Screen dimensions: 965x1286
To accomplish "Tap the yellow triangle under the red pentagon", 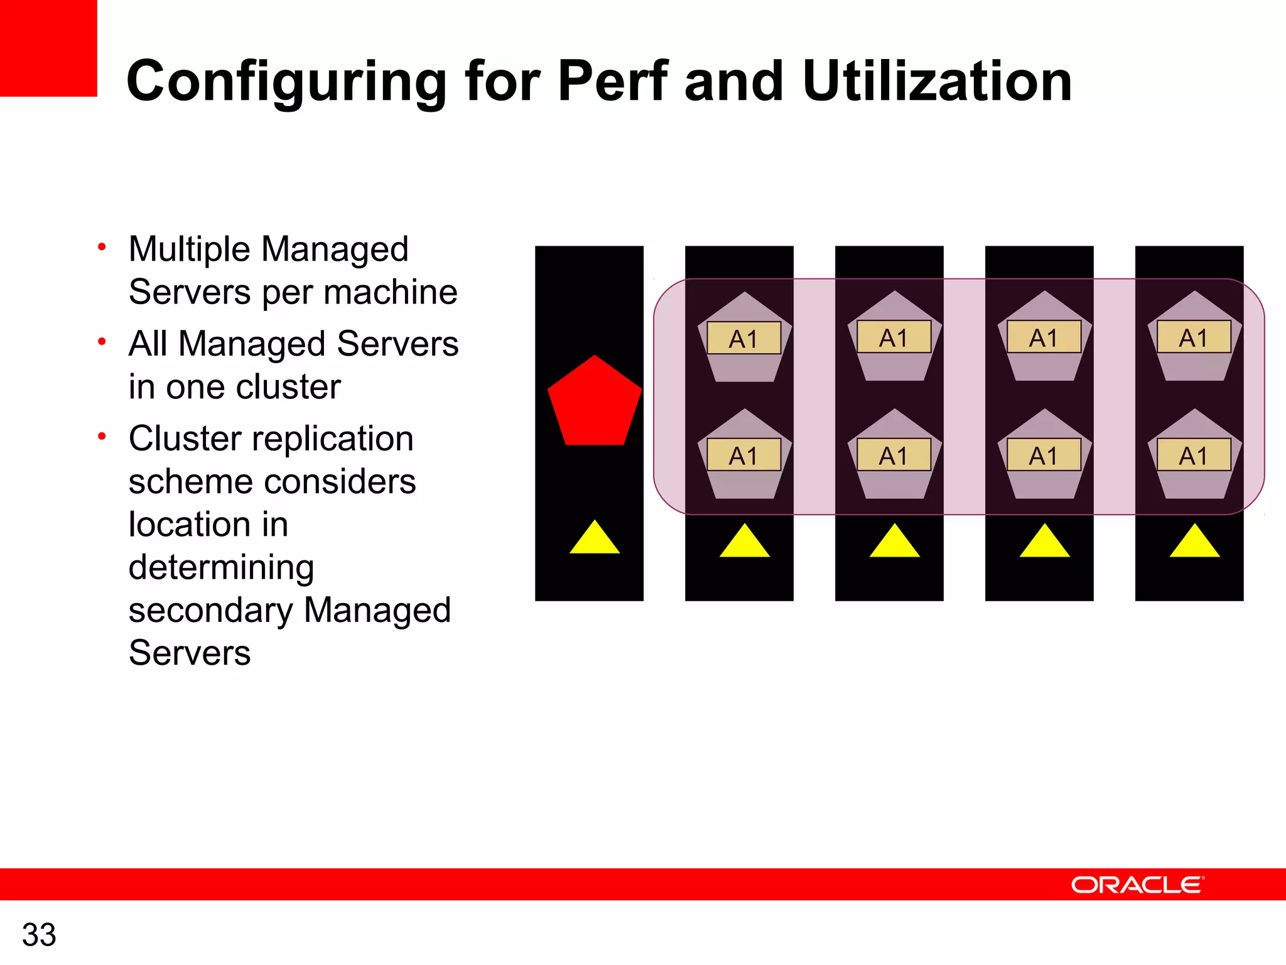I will click(x=595, y=540).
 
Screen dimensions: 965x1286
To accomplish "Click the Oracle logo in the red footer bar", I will click(x=1137, y=885).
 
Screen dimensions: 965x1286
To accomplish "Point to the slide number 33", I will click(x=39, y=934).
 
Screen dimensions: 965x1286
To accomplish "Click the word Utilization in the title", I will click(x=937, y=81).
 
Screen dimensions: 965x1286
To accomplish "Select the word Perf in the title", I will click(x=612, y=81).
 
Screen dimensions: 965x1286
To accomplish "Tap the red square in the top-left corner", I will click(x=48, y=48).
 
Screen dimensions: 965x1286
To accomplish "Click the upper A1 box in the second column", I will click(x=744, y=339).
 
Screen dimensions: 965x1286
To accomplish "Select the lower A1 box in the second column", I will click(x=744, y=455).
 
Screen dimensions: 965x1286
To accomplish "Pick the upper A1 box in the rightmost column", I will click(x=1194, y=337).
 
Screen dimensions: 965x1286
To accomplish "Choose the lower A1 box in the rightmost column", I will click(x=1194, y=455).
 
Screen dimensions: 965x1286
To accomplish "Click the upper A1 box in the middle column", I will click(x=894, y=337).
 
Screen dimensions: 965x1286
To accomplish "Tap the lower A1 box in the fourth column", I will click(x=1044, y=455).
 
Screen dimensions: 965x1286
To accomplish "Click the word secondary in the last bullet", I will click(x=210, y=611).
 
